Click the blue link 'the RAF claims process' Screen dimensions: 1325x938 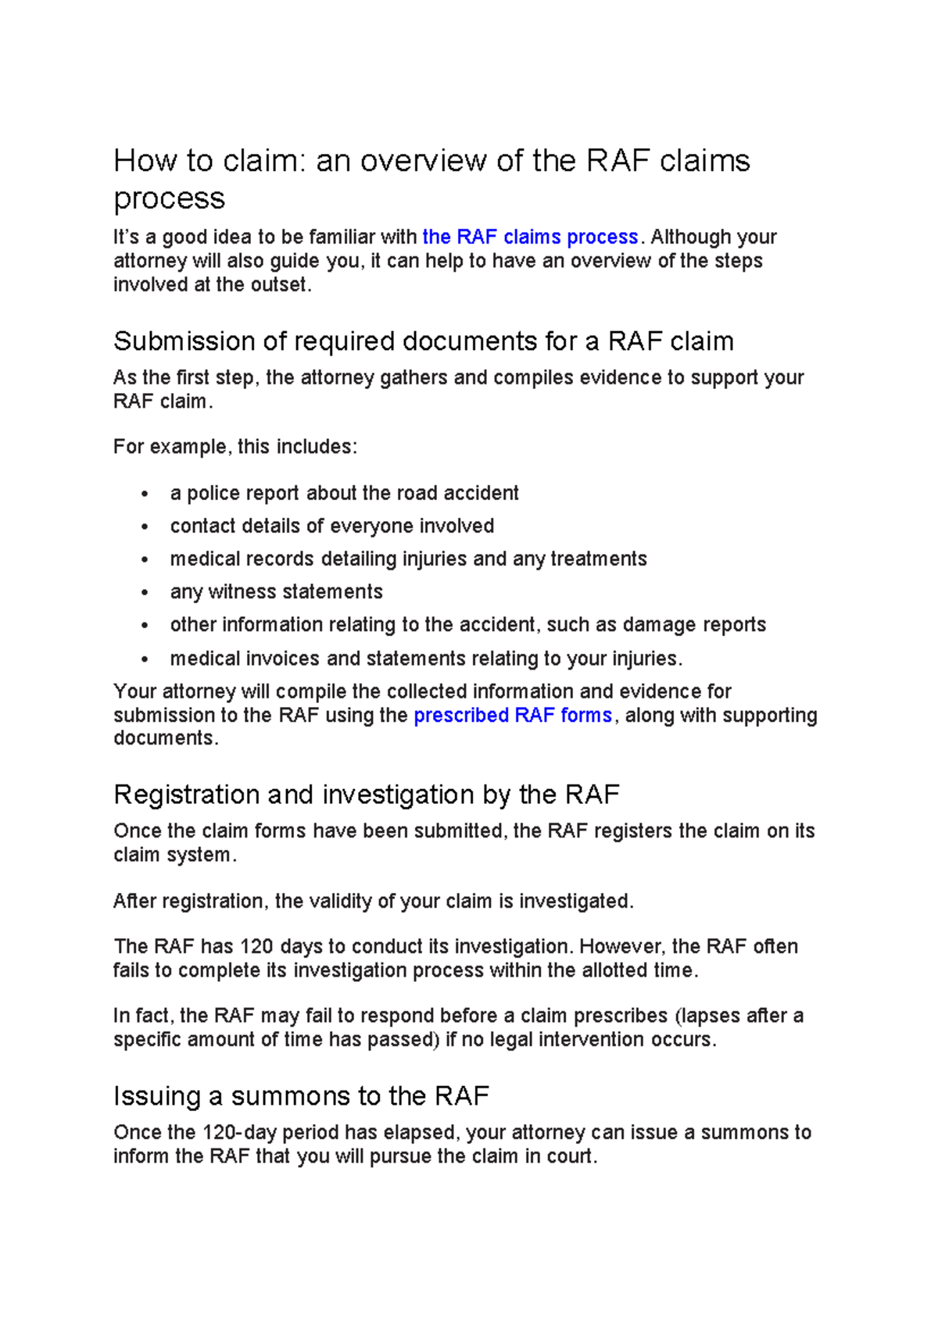[x=530, y=237]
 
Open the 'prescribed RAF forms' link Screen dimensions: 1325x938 [x=512, y=715]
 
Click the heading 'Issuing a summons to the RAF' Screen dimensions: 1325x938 [x=301, y=1095]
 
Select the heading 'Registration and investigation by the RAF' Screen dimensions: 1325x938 [x=366, y=795]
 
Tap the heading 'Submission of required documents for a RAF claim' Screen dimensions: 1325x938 [x=423, y=341]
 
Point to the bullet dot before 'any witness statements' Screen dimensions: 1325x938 [x=145, y=593]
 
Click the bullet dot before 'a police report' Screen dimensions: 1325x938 [x=145, y=495]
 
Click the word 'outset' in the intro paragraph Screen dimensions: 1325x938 [x=278, y=284]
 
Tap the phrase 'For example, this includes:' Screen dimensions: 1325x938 [x=235, y=447]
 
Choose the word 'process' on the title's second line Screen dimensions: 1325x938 [x=170, y=198]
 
